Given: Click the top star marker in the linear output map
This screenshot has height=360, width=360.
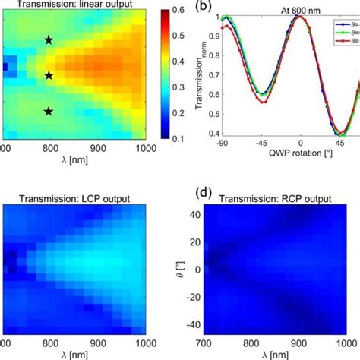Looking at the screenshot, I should [49, 39].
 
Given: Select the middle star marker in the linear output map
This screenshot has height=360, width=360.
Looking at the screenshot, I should [49, 75].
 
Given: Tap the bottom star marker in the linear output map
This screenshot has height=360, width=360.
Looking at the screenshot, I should [49, 112].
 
